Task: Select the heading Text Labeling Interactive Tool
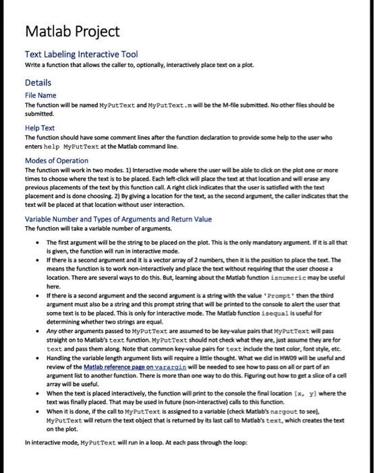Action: coord(81,54)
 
